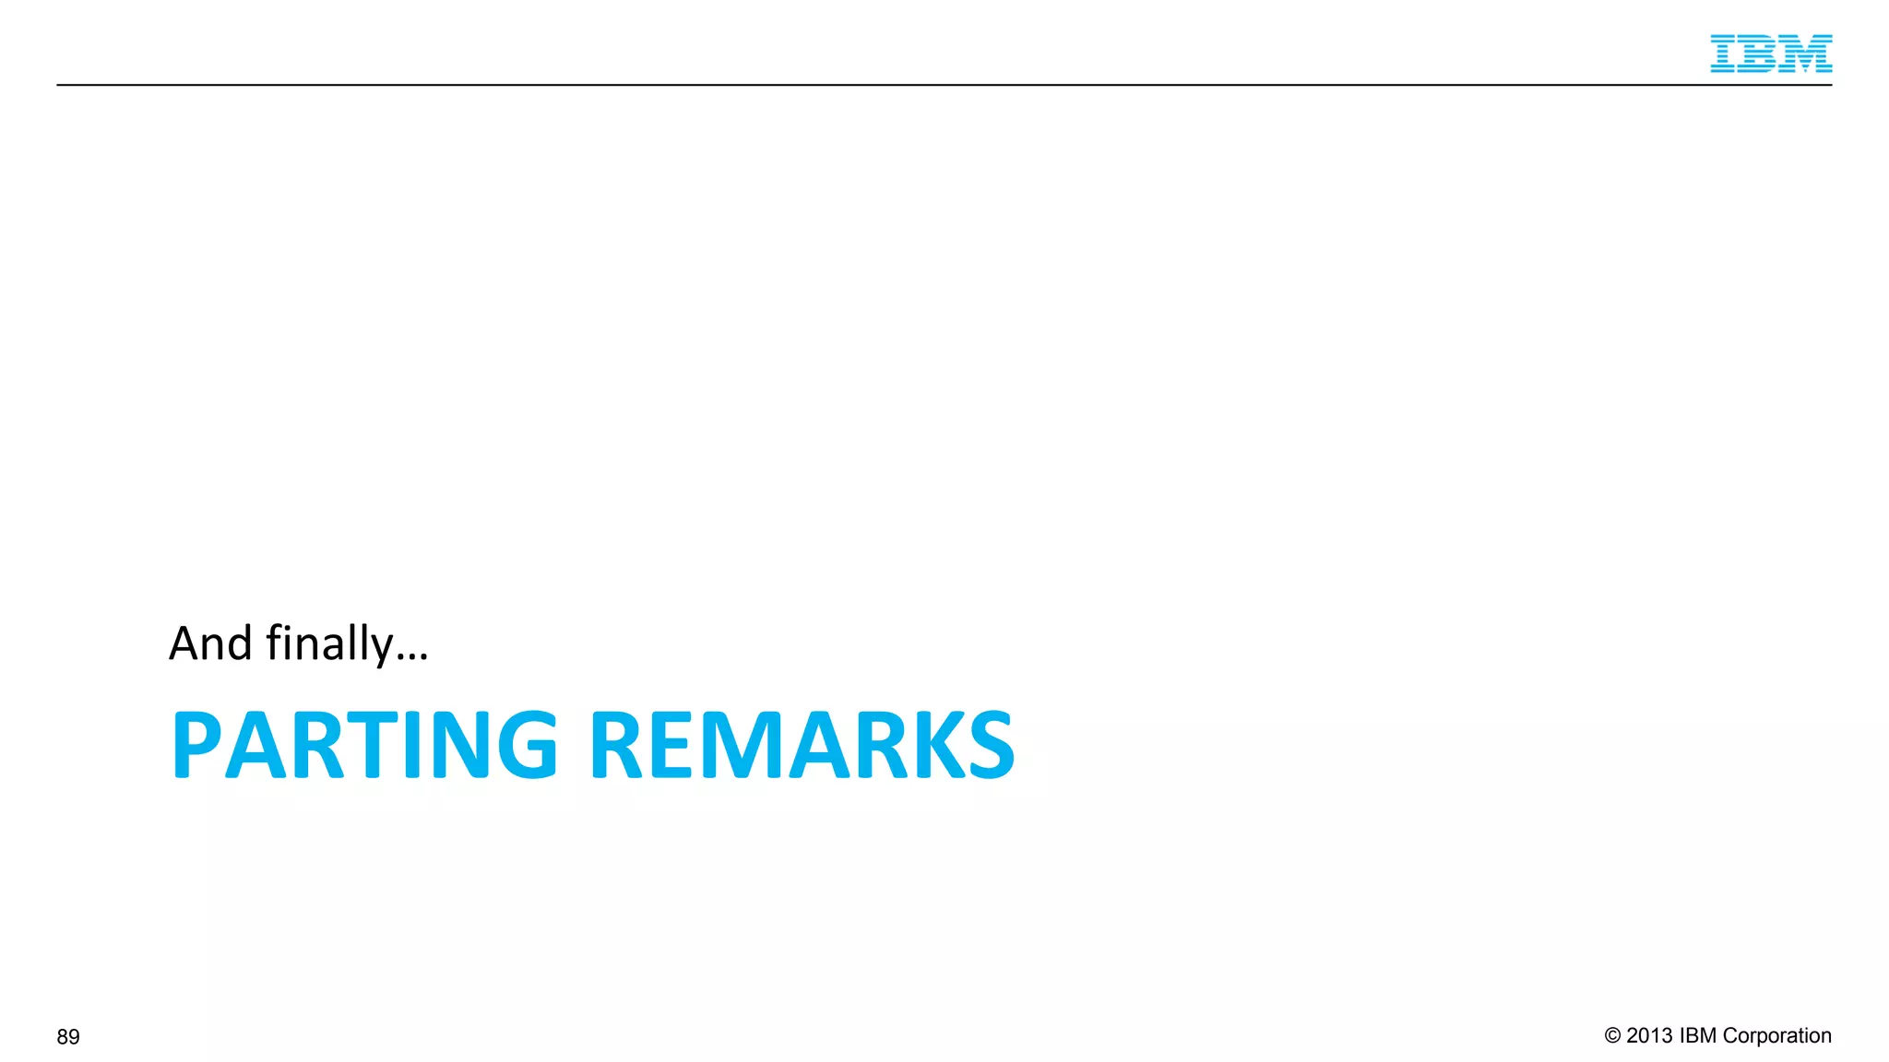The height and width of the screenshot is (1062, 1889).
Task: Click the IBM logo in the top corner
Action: pos(1770,53)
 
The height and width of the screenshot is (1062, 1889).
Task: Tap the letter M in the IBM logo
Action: pos(1805,53)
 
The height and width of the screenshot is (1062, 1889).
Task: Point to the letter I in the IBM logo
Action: pos(1724,53)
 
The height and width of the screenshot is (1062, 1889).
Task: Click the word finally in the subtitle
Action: pos(329,643)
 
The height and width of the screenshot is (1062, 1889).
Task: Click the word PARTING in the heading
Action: pos(364,745)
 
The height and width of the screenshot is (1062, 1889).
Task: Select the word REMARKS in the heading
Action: pos(802,745)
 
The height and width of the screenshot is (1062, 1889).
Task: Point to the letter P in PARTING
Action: pos(196,745)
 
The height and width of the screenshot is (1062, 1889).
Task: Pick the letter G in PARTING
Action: pos(528,745)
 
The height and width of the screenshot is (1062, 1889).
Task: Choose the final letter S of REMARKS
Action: pos(991,745)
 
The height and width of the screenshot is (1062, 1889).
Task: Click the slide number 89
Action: pos(68,1037)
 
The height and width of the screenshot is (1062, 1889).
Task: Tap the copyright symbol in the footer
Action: pos(1612,1036)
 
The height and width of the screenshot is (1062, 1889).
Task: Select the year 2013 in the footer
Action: pos(1649,1036)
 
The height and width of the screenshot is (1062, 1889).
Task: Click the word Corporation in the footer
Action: pos(1776,1036)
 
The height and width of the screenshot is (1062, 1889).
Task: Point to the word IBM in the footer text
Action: pos(1698,1036)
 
